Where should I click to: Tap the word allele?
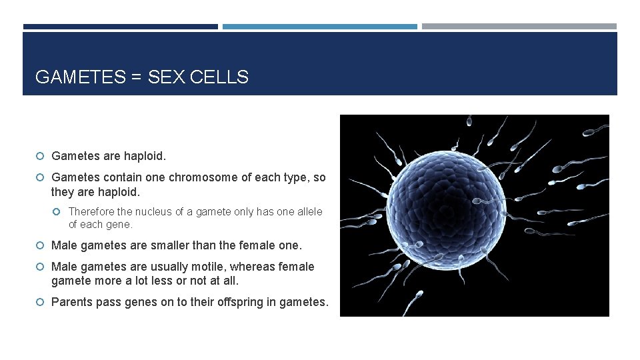(307, 211)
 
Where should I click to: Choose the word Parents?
(72, 302)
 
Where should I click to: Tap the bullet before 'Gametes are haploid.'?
(41, 157)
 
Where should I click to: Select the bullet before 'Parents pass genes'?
(41, 303)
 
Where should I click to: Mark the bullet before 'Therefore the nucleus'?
(59, 212)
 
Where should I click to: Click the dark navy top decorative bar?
(120, 27)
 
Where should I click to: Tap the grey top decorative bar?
(519, 27)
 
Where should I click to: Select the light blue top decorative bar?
(319, 27)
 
